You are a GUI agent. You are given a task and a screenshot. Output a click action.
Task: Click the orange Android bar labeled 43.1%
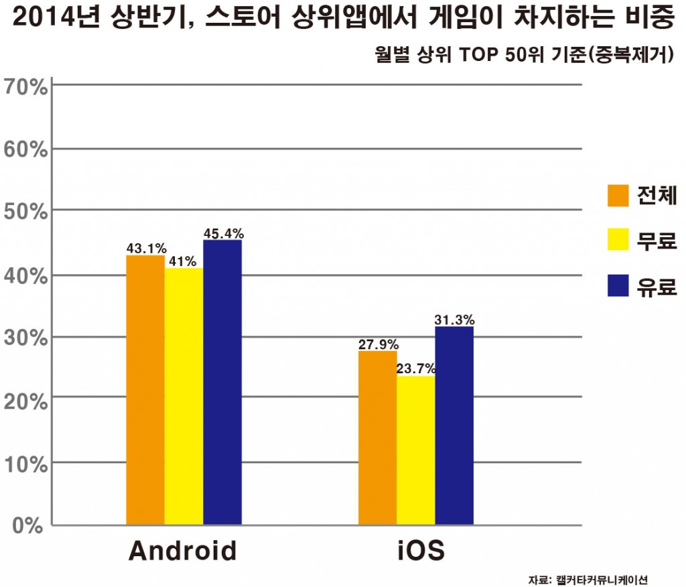tap(145, 389)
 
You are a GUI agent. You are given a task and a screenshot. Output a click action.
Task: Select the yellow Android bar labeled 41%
tap(184, 396)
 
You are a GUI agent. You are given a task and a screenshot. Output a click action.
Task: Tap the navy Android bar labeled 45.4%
tap(222, 382)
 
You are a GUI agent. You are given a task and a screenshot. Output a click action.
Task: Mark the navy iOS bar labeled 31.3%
tap(454, 426)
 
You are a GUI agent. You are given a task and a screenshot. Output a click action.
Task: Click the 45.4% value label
tap(224, 234)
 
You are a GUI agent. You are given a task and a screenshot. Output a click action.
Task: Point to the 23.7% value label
tap(415, 369)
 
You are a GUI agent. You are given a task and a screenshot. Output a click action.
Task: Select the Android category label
tap(182, 551)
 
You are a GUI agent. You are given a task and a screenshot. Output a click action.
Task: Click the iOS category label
tap(416, 551)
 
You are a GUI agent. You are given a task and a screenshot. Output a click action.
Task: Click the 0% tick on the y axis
tap(29, 525)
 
